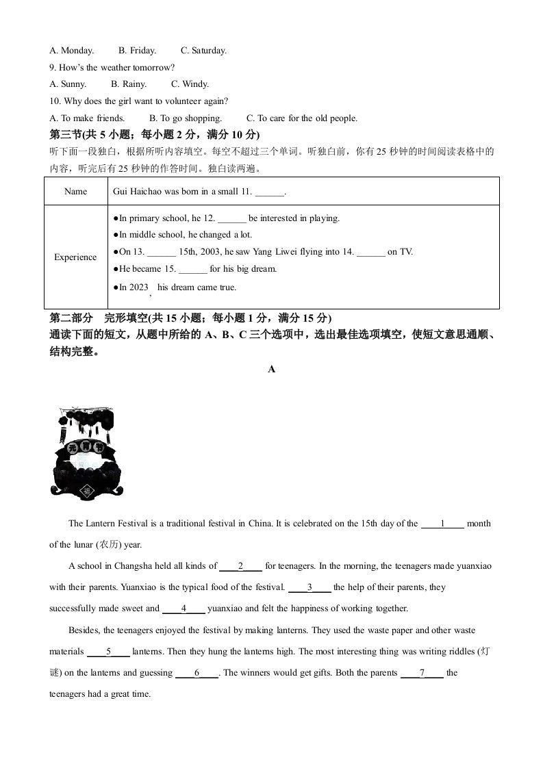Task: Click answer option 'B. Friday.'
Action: click(137, 51)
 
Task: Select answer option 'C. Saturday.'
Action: click(203, 51)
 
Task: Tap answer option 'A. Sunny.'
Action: click(68, 84)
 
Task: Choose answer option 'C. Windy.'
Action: click(190, 84)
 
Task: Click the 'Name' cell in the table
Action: click(75, 192)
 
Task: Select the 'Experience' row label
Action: click(75, 257)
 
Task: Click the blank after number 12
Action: click(233, 219)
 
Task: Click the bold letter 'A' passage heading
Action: click(272, 369)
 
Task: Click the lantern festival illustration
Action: click(85, 452)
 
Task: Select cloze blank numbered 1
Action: click(442, 524)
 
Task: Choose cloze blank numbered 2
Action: click(240, 566)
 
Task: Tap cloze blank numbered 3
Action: click(310, 587)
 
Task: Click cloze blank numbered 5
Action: click(108, 652)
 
